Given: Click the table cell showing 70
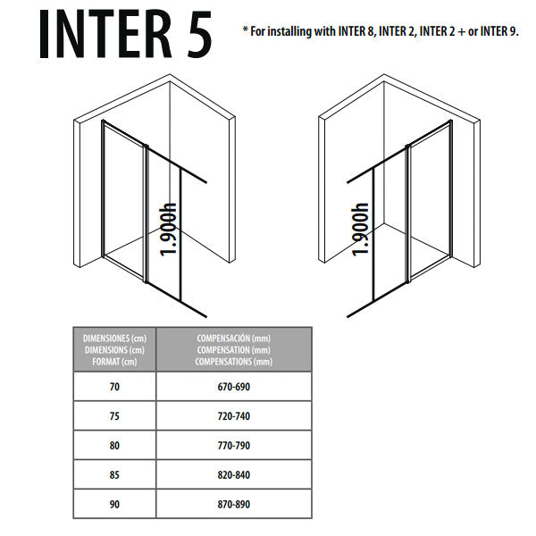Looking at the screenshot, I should tap(113, 388).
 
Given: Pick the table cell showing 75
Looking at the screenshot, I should tap(113, 416).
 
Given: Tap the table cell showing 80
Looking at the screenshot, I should tap(113, 445).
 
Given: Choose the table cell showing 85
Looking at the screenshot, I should tap(113, 475).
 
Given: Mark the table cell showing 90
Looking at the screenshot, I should tap(113, 504).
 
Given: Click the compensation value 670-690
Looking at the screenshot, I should tap(233, 388).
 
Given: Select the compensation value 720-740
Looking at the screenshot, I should tap(233, 416).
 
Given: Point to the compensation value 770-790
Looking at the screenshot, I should tap(233, 445).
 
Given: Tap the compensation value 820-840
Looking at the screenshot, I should tap(233, 475).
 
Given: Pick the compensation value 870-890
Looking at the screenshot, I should tap(233, 504).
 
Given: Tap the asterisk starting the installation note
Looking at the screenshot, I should tap(246, 30).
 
